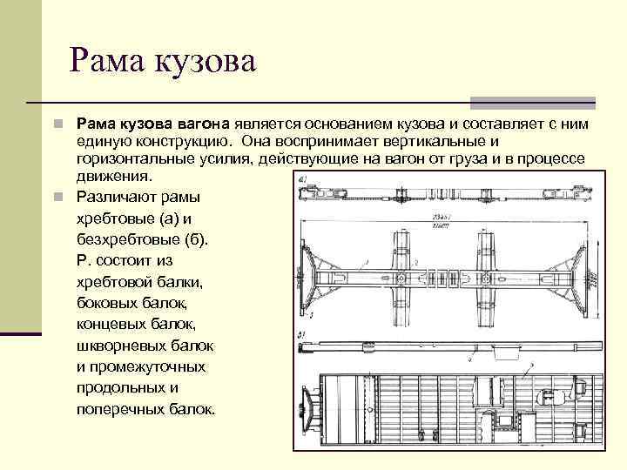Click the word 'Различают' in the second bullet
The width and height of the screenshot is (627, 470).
click(x=114, y=195)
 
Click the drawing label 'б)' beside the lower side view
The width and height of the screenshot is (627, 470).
click(x=302, y=334)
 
